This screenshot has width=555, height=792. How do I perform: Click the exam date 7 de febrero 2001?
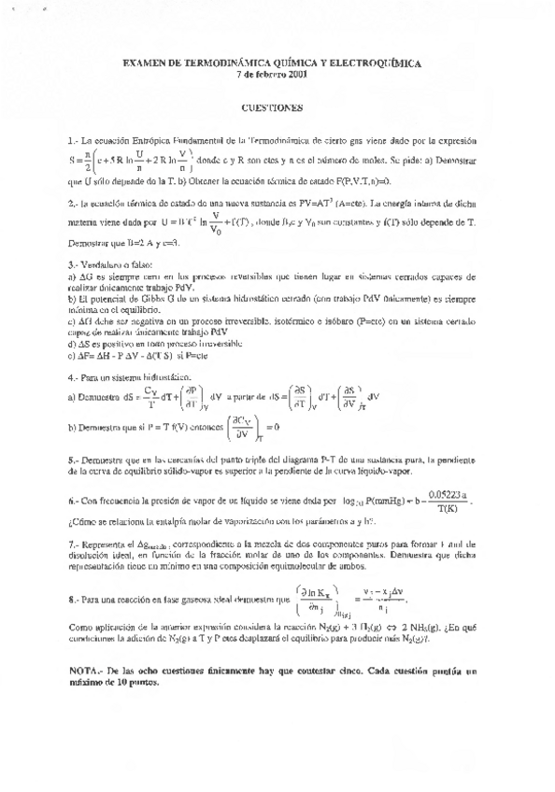tap(278, 74)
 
